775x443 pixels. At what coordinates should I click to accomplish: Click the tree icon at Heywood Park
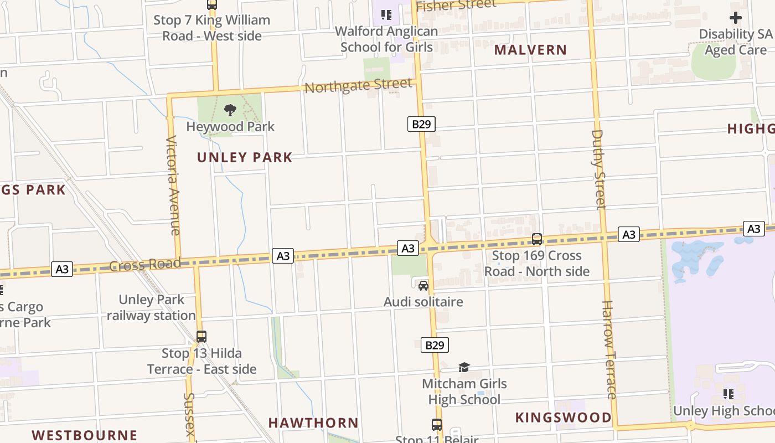230,110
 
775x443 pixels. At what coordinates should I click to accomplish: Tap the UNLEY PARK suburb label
245,157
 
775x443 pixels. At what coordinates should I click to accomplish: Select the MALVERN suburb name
530,50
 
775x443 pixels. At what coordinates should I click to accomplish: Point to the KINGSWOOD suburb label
564,418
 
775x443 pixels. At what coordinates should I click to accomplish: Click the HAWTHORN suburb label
313,423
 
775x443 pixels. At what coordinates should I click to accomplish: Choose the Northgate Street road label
358,86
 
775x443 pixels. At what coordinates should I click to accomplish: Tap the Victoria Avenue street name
173,185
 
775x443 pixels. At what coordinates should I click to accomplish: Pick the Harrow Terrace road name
609,349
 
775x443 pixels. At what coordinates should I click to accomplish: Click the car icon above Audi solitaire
423,286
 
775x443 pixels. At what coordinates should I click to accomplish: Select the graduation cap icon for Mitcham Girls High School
464,367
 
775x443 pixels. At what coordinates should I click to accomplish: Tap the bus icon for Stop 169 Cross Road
536,239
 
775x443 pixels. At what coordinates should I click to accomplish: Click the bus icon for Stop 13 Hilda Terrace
201,337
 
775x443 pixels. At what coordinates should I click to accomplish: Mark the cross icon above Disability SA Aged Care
735,18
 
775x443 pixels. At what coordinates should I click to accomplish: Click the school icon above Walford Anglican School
386,14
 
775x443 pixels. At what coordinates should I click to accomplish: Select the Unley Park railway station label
151,307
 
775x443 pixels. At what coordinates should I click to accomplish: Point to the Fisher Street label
456,5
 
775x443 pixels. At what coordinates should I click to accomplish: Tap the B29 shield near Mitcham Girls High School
435,345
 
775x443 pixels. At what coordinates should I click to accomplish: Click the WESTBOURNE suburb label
84,435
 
